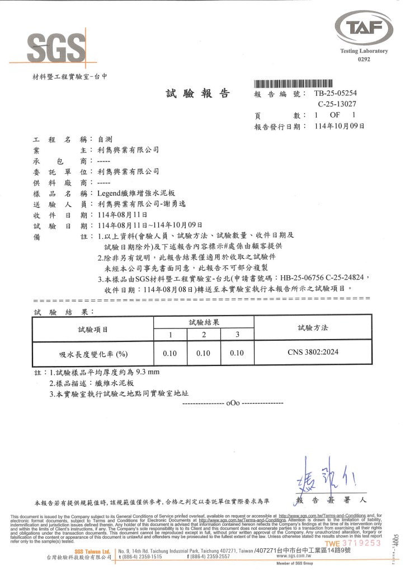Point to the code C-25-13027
338,104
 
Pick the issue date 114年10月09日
340,127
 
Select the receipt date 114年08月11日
122,214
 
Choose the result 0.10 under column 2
203,353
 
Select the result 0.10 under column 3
237,353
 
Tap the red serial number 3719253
364,543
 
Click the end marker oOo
232,403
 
